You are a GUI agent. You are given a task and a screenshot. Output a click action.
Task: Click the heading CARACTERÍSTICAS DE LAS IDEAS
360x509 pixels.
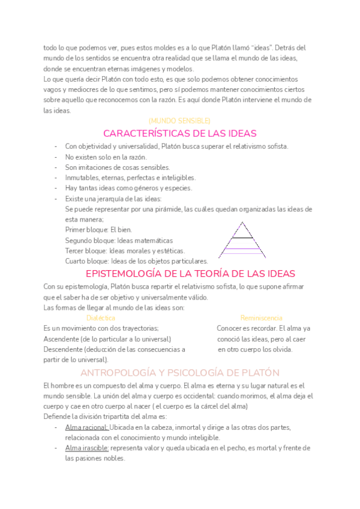pos(179,133)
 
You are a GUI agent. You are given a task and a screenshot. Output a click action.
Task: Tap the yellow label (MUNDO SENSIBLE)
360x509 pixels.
pos(179,121)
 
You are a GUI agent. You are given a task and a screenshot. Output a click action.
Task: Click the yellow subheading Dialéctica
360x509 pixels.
pos(101,318)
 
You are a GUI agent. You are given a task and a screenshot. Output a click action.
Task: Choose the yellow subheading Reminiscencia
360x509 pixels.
pos(261,318)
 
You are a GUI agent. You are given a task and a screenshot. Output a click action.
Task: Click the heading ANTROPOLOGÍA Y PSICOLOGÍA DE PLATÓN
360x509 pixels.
pos(179,372)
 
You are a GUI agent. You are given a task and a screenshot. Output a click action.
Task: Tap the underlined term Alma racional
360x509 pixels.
pos(86,427)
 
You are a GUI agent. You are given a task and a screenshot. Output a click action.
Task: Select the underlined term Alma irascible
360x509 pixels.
pos(87,448)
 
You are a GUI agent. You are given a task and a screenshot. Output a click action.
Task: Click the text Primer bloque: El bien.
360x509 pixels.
pos(98,229)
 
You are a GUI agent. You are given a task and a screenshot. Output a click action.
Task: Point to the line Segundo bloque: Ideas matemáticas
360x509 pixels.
pos(119,240)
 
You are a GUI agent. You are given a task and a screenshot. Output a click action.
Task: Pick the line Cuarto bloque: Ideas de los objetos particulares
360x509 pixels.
pos(136,261)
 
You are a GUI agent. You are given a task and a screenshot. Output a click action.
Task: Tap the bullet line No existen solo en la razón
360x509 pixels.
pos(106,157)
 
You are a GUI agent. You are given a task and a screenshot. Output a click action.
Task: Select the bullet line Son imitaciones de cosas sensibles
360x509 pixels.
pos(118,167)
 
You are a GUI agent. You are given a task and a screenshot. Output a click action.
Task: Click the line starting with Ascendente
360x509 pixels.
pos(107,339)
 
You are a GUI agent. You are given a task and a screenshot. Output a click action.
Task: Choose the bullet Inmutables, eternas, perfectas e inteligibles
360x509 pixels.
pos(130,178)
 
